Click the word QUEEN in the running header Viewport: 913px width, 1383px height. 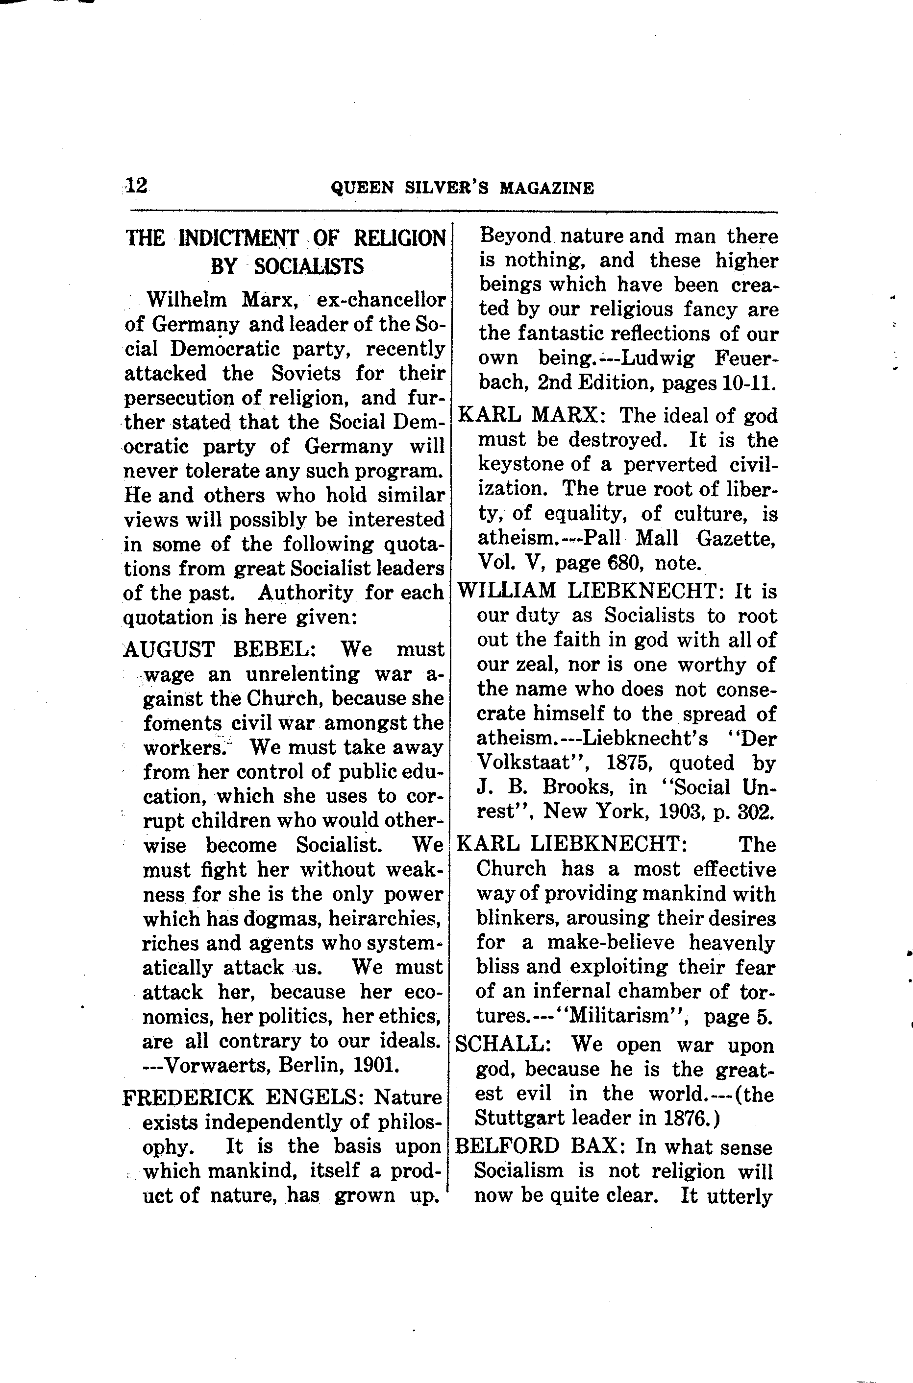coord(354,188)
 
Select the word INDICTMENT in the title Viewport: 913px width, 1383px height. coord(238,238)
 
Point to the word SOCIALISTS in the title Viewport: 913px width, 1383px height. coord(309,266)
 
